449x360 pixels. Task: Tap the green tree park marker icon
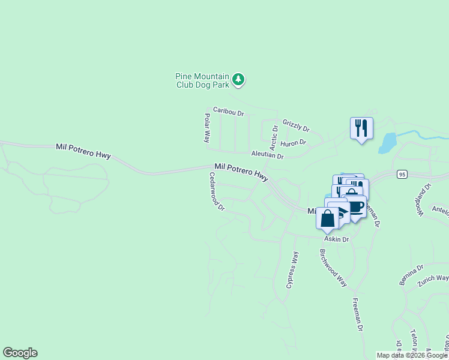click(x=239, y=79)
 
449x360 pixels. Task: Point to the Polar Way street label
click(x=207, y=127)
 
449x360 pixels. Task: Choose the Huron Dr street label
click(x=293, y=143)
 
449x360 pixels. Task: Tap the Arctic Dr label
click(x=274, y=137)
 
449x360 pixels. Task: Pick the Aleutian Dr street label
click(x=267, y=155)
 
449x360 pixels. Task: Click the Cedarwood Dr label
click(x=216, y=191)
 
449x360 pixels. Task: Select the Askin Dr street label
click(x=337, y=239)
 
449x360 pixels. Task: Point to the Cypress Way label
click(x=292, y=270)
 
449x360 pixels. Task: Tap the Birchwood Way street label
click(x=334, y=268)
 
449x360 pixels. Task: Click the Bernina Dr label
click(x=411, y=274)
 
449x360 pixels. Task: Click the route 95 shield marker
click(x=402, y=174)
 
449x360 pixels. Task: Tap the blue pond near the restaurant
click(x=387, y=143)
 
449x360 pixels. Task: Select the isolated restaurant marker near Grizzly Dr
click(x=361, y=128)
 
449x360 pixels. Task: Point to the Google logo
click(x=20, y=353)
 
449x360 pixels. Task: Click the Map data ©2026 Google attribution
click(x=412, y=356)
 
